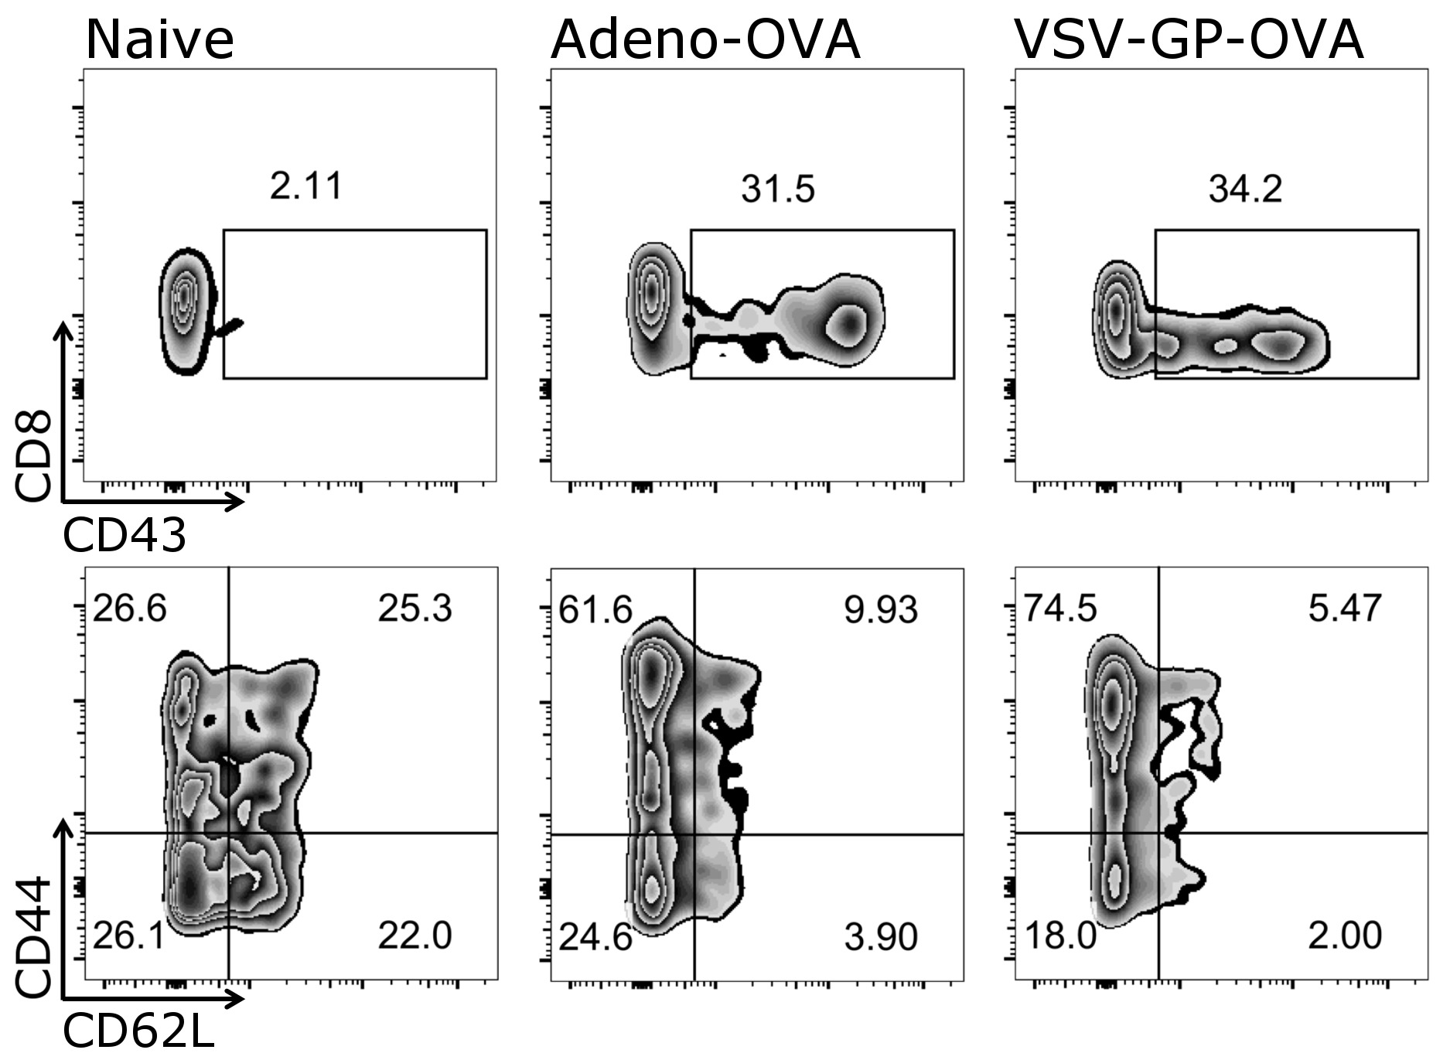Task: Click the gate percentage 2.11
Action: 306,186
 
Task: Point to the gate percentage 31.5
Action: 778,189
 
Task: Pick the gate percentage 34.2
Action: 1245,189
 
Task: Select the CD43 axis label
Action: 125,535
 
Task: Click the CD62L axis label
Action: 138,1031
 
